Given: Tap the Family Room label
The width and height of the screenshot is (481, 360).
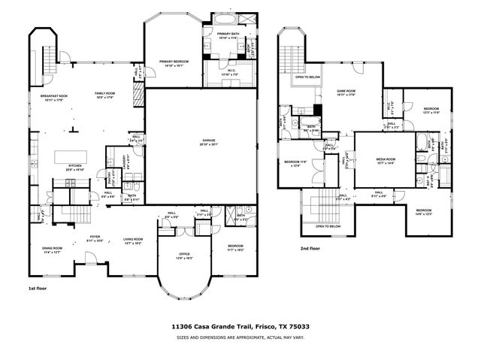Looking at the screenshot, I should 104,93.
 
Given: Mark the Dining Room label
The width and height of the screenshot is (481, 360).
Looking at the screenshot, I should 52,249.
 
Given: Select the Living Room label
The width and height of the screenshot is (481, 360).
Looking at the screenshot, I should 133,240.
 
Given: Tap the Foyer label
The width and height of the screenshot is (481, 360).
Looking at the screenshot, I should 95,237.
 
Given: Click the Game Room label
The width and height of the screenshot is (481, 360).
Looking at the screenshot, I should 345,90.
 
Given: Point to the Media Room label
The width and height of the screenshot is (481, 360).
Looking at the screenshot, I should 386,159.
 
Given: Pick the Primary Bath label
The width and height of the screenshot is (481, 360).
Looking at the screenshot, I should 228,34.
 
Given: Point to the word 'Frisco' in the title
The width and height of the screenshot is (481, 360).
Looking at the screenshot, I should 259,327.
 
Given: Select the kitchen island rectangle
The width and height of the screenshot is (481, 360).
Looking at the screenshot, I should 70,156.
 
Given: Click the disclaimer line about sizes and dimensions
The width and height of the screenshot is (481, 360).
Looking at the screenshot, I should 240,337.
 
